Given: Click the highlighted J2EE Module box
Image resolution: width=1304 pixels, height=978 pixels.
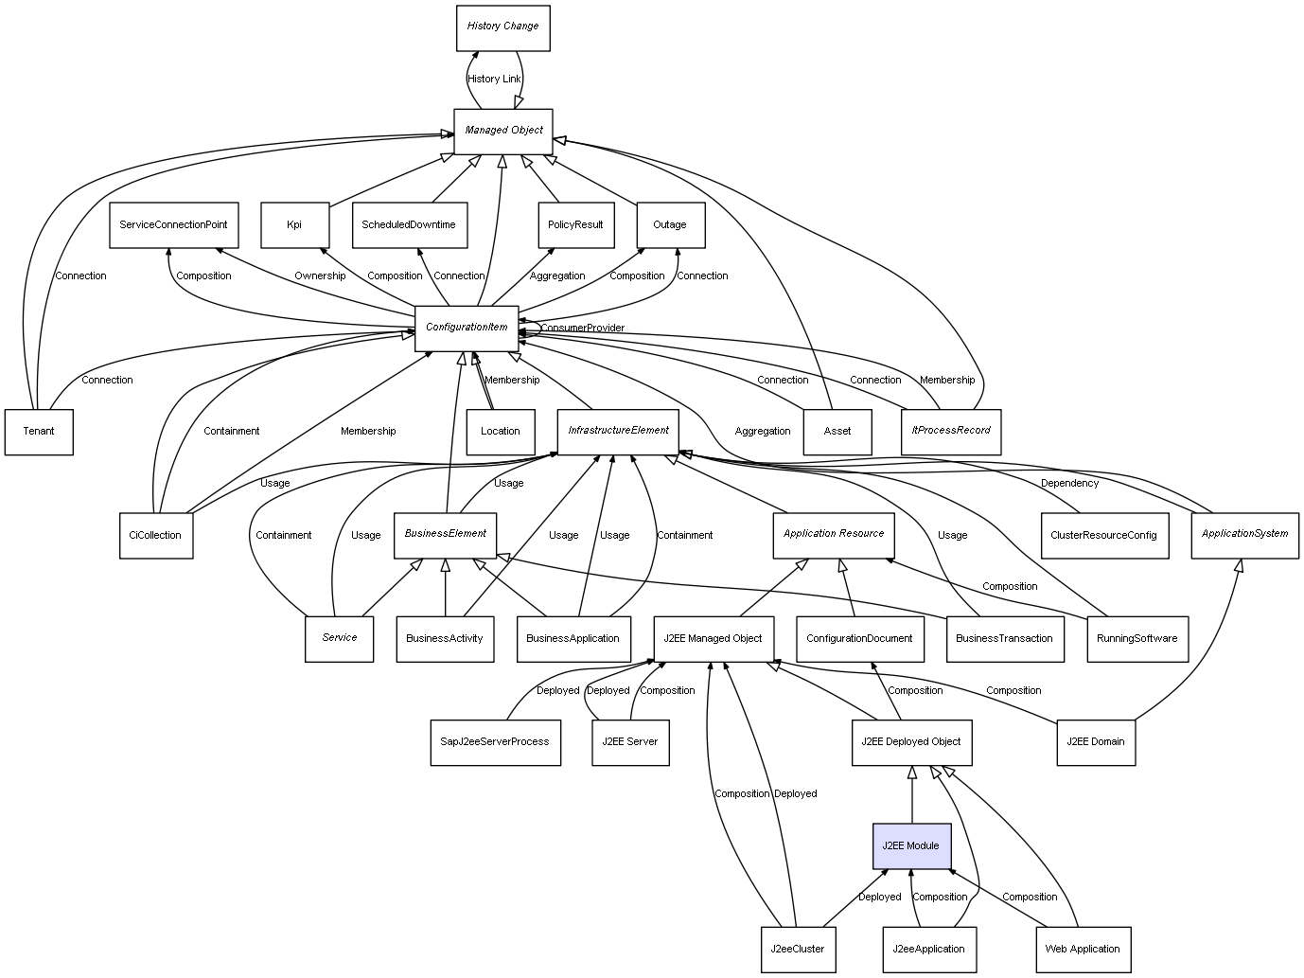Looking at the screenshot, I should pos(911,845).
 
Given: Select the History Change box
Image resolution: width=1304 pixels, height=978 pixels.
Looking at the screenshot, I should pos(502,27).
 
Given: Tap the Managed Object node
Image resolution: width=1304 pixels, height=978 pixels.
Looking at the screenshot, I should pos(502,131).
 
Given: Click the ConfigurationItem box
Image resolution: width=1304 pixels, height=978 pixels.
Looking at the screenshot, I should pos(467,328).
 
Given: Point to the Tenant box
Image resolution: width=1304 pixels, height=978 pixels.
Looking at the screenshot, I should pos(39,432).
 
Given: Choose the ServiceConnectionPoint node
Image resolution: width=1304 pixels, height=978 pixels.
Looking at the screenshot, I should pos(173,225).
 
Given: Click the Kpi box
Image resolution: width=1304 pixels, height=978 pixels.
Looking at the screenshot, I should pos(294,225).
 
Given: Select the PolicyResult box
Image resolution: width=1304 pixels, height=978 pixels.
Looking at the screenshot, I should pos(575,225).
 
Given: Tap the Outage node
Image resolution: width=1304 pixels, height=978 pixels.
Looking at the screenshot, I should pos(670,225).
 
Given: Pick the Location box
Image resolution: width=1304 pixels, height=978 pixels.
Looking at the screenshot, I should pos(501,432).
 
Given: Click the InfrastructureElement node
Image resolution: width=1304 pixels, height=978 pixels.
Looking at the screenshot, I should pos(618,431).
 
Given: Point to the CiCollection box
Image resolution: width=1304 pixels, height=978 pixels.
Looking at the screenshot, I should pos(155,535).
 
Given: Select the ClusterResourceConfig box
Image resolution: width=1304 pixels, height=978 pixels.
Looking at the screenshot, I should pos(1103,535).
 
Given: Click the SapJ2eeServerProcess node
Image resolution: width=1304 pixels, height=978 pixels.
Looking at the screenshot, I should pos(495,741).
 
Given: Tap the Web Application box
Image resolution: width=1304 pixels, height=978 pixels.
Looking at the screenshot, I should pos(1083,949).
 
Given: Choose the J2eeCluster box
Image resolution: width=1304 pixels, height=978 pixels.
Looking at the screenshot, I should pos(798,949).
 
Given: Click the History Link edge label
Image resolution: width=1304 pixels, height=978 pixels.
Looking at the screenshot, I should pos(494,79).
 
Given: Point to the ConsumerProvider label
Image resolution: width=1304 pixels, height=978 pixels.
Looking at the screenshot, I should pos(582,328).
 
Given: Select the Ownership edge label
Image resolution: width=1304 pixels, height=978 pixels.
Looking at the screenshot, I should pos(320,276).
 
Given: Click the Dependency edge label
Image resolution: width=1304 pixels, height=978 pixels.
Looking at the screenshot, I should pos(1069,483).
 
